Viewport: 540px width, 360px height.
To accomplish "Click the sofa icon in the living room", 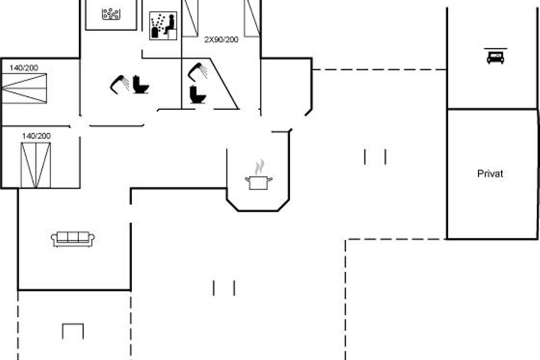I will (x=73, y=239).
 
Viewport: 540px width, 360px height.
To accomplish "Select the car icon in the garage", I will (x=495, y=57).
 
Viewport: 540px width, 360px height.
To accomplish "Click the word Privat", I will (x=490, y=174).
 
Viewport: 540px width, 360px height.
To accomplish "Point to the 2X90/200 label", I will (x=221, y=40).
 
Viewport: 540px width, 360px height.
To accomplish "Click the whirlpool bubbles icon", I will (x=111, y=14).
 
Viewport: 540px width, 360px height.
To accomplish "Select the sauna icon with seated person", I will (x=163, y=26).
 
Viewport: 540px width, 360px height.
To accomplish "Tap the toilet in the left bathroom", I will (x=141, y=85).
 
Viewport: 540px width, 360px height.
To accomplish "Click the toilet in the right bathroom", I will (x=198, y=94).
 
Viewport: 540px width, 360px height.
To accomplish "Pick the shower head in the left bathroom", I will (x=119, y=84).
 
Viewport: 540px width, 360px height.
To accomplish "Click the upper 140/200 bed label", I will (x=24, y=68).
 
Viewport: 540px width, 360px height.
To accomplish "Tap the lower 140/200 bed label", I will (x=36, y=135).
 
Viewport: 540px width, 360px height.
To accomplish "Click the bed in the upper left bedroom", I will (x=24, y=89).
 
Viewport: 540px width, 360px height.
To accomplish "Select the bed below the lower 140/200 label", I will (x=36, y=165).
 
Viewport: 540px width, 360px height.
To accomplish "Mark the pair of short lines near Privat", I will (x=375, y=157).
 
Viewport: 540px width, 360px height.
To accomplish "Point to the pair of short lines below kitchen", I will (x=224, y=288).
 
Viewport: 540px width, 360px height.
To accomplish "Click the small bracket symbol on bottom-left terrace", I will (x=73, y=331).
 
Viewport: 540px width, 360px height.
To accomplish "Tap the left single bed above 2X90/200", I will (x=190, y=17).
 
